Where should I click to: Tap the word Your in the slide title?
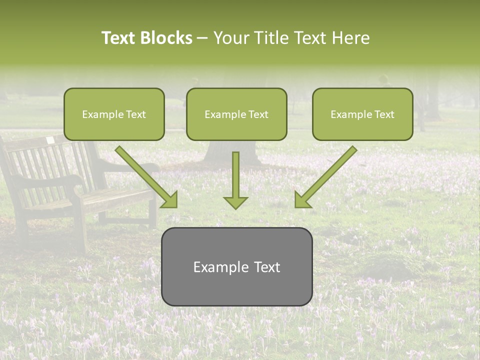pos(231,38)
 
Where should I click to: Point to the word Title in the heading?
pos(271,38)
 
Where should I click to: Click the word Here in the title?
pos(351,38)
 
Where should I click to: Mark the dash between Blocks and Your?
pos(202,38)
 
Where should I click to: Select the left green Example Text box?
pos(114,114)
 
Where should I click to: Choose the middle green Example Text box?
pos(236,114)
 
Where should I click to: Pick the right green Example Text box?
pos(362,114)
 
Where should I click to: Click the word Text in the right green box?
pos(384,114)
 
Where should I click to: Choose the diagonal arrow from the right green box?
pos(325,177)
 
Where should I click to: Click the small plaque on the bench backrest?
pos(50,141)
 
